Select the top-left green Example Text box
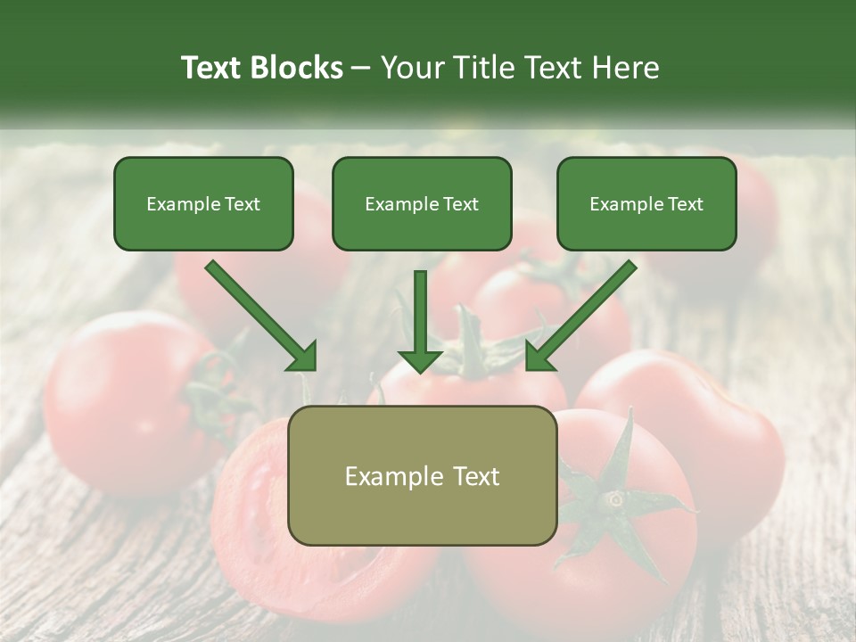(x=203, y=203)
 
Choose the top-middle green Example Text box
(x=422, y=203)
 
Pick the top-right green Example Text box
(x=646, y=203)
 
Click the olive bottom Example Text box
(x=422, y=475)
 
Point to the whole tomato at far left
(x=116, y=401)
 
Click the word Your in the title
(x=410, y=68)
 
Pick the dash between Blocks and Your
(x=361, y=68)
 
